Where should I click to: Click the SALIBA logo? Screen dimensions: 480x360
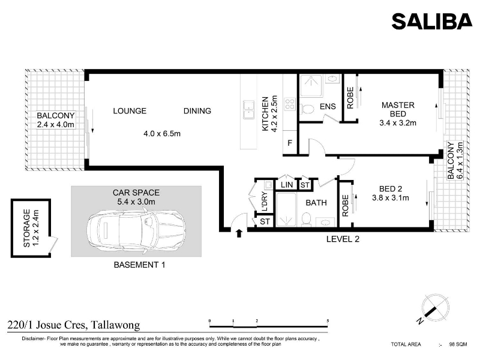(432, 21)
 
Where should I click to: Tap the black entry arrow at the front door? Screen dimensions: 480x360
(239, 233)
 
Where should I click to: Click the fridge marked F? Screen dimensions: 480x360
(290, 143)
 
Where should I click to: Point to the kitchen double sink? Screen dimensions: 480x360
(248, 109)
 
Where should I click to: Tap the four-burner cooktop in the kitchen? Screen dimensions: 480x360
(290, 104)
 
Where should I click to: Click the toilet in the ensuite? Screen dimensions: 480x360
(307, 109)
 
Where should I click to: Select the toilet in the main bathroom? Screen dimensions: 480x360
(307, 220)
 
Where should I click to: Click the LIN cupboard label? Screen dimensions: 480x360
(287, 185)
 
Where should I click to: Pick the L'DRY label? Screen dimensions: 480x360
(265, 202)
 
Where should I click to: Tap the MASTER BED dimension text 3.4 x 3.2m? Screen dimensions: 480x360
(398, 123)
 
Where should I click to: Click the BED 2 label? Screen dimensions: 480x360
(391, 189)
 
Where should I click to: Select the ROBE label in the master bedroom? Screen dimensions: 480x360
(350, 98)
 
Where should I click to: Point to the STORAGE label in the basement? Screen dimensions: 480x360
(26, 228)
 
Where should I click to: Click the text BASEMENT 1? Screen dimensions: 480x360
(139, 265)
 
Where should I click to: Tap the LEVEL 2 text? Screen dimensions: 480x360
(343, 239)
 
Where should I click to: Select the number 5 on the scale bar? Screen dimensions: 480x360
(328, 321)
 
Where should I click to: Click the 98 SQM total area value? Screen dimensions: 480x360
(458, 344)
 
